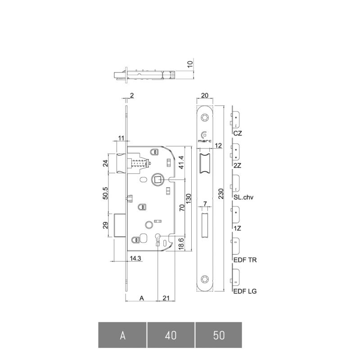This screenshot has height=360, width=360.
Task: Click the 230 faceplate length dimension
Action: pos(220,193)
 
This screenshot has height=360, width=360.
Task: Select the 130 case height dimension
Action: pos(188,198)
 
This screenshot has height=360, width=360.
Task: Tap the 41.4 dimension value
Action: pos(181,162)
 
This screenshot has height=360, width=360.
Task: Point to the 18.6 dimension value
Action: pos(181,244)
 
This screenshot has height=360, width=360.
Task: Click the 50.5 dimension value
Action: pos(105,193)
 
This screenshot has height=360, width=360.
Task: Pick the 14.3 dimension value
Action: pos(135,258)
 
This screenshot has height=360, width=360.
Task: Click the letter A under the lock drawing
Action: pos(142,298)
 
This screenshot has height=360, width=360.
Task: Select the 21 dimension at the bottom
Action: pos(166,298)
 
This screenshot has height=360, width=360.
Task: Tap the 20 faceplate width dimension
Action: pos(205,95)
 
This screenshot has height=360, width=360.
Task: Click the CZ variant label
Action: pos(238,133)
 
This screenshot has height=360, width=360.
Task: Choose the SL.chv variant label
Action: pos(243,197)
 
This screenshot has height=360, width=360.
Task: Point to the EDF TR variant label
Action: pos(245,260)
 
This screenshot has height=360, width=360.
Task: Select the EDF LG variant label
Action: pos(245,291)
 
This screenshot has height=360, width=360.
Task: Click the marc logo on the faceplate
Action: pos(205,137)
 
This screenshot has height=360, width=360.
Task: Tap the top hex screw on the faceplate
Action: pos(205,118)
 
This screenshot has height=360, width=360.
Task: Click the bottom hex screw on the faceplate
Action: pos(205,279)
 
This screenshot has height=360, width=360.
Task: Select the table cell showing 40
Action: pos(171,335)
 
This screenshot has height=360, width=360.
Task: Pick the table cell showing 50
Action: pos(219,335)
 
